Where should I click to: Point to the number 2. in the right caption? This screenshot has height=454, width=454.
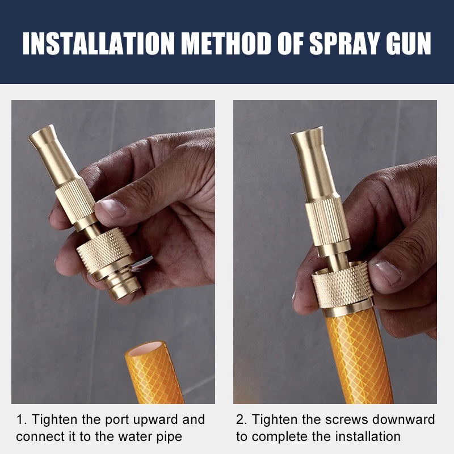click(x=242, y=420)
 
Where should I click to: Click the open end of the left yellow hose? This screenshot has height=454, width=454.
click(x=146, y=348)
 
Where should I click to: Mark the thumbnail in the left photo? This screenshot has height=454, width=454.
click(x=112, y=208)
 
